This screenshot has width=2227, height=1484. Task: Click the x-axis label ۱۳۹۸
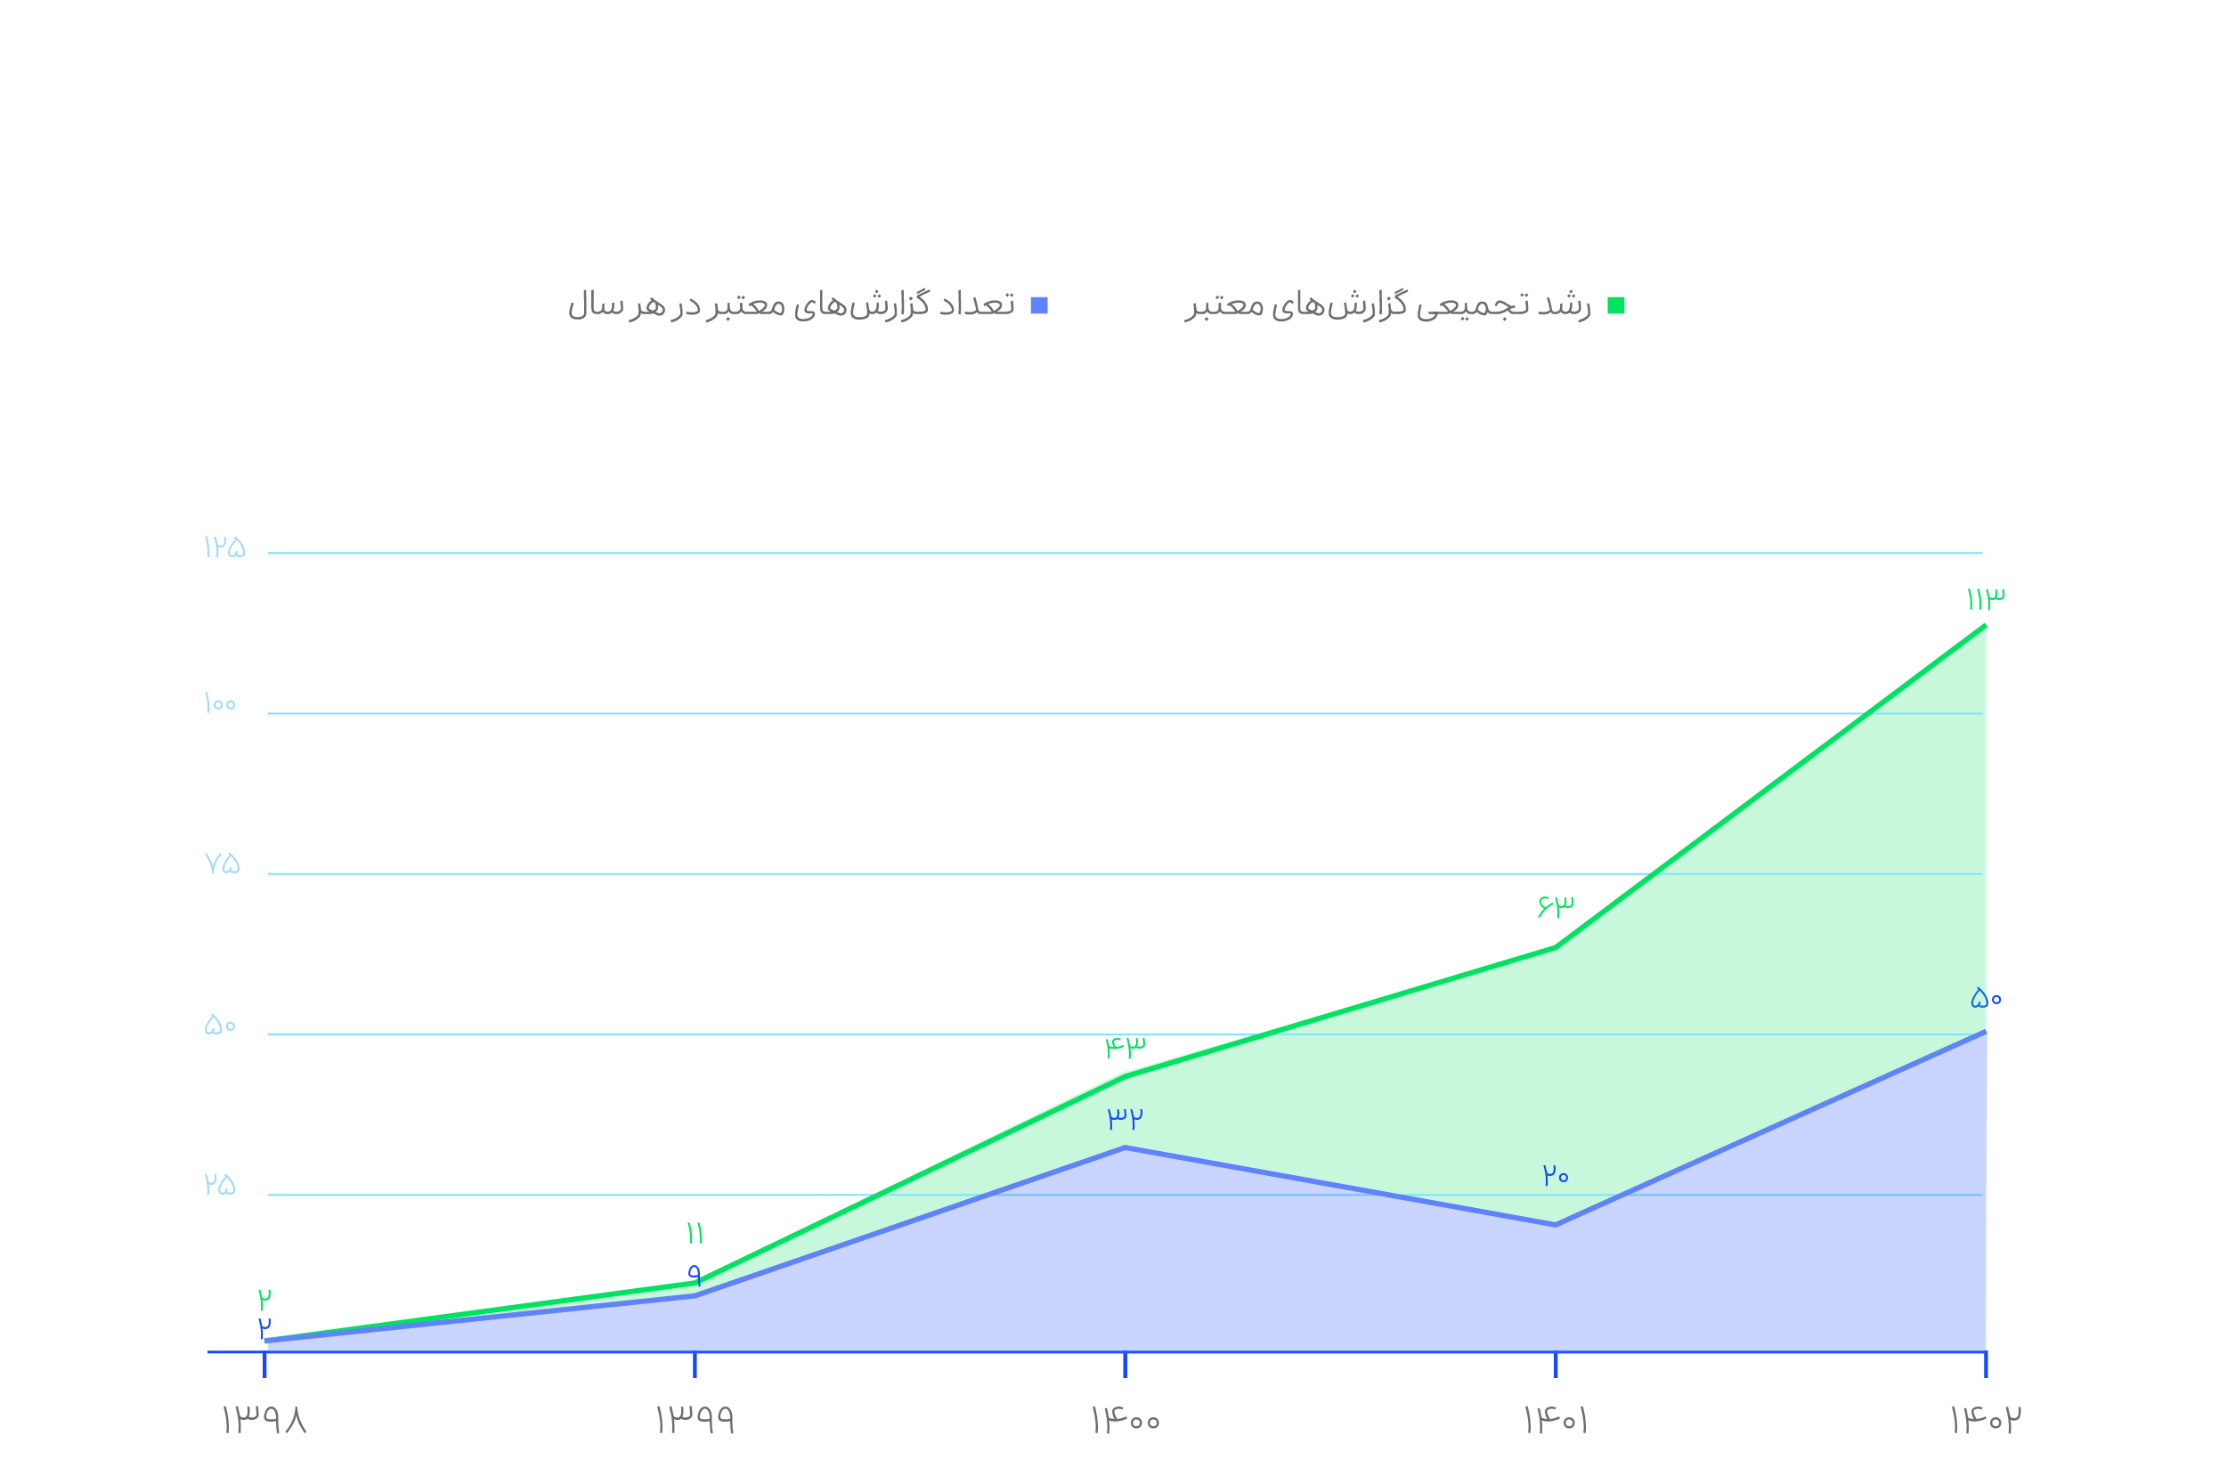tap(264, 1420)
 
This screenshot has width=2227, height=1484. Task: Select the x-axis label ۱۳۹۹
tap(695, 1420)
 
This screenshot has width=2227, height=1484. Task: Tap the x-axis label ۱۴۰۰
tap(1125, 1420)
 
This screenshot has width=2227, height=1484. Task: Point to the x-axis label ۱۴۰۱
tap(1555, 1420)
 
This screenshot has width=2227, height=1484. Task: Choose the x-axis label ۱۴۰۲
tap(1985, 1419)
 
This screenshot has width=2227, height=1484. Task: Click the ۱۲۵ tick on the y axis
tap(224, 547)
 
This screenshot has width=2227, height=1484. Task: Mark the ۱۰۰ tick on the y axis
tap(220, 704)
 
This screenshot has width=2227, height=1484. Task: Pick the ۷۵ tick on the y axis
tap(223, 864)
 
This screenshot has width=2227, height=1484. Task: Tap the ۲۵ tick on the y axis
tap(220, 1185)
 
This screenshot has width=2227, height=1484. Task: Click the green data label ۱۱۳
tap(1985, 599)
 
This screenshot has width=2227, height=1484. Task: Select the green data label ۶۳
tap(1555, 905)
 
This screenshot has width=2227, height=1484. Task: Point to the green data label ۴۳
tap(1126, 1047)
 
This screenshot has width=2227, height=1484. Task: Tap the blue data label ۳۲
tap(1126, 1118)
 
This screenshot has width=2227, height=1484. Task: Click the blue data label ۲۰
tap(1555, 1175)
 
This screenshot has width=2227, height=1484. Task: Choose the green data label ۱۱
tap(695, 1233)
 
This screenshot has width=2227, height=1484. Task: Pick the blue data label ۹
tap(695, 1273)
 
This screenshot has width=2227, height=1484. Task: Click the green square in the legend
tap(1616, 305)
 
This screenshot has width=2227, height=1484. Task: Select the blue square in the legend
tap(1039, 305)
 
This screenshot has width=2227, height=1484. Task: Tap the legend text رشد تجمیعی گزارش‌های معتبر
tap(1387, 304)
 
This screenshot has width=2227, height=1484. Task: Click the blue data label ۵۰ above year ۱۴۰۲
tap(1986, 998)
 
